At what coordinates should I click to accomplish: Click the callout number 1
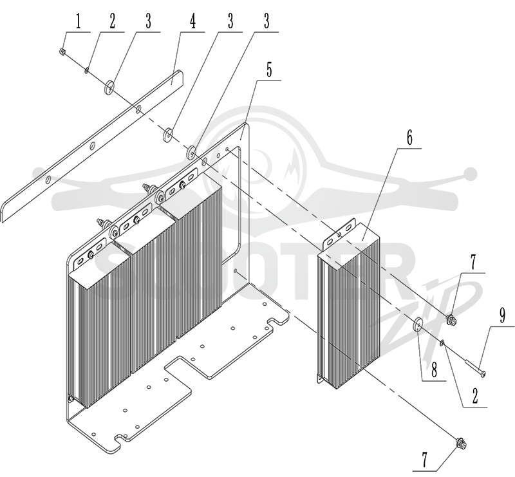point(78,22)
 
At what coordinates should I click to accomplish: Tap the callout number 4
point(192,22)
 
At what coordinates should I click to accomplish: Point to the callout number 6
point(409,138)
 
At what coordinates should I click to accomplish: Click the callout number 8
point(434,371)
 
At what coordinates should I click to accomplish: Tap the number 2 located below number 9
point(474,397)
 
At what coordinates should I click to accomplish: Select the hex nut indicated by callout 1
point(61,51)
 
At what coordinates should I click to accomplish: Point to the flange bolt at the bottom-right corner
point(462,444)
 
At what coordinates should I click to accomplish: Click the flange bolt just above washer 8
point(452,317)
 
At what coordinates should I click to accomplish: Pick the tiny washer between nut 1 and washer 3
point(87,70)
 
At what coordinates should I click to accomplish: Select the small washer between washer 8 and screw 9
point(442,344)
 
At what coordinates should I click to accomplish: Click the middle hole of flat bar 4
point(93,145)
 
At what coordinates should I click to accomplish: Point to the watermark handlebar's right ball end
point(472,173)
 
